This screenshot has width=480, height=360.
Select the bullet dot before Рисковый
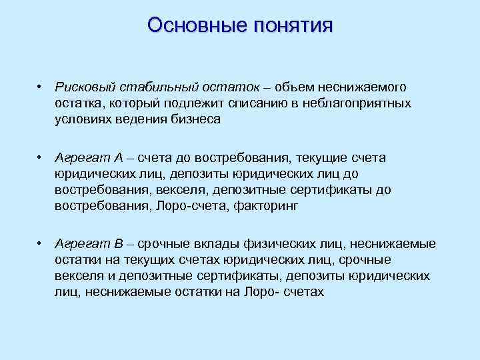[x=41, y=88]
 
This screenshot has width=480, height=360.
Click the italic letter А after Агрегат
[x=118, y=157]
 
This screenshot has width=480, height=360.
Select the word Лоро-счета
[x=194, y=206]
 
